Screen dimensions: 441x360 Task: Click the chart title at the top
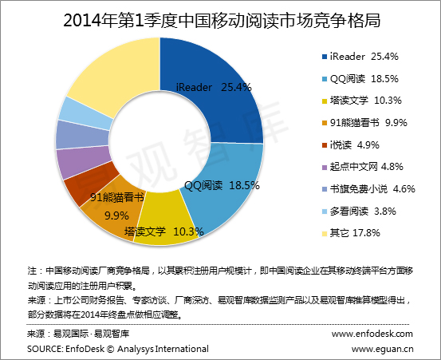(222, 20)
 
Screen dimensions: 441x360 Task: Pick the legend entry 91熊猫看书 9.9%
(364, 123)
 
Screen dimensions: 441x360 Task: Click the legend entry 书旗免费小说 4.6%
(368, 189)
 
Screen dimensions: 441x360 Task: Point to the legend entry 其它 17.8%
(351, 233)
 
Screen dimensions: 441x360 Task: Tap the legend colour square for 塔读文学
(325, 101)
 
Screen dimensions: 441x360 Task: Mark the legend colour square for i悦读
(325, 145)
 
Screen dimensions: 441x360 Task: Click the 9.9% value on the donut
(116, 216)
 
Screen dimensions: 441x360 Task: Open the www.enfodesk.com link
(372, 334)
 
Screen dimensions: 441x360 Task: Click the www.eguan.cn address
(382, 349)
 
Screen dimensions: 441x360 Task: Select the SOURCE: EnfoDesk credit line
(118, 349)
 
